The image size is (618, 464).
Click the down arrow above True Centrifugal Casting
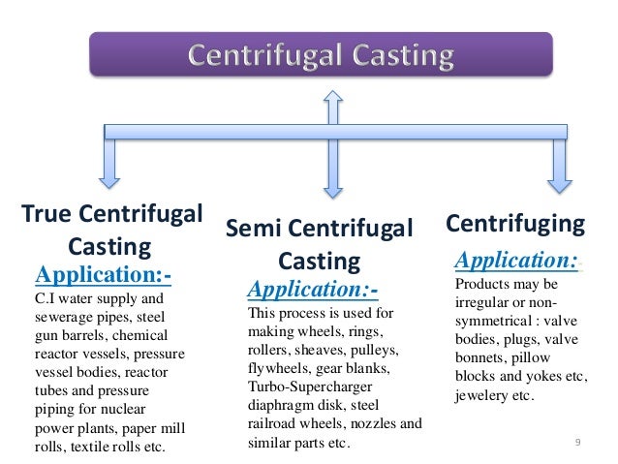(x=109, y=161)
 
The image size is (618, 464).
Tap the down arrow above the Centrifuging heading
(x=559, y=161)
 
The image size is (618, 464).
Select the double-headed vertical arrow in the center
(x=332, y=146)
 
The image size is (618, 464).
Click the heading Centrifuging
(x=515, y=225)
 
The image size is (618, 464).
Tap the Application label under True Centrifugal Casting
(x=104, y=276)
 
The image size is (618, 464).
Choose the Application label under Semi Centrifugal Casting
(x=313, y=290)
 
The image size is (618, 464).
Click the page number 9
(x=577, y=443)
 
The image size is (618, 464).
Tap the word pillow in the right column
(x=557, y=359)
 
